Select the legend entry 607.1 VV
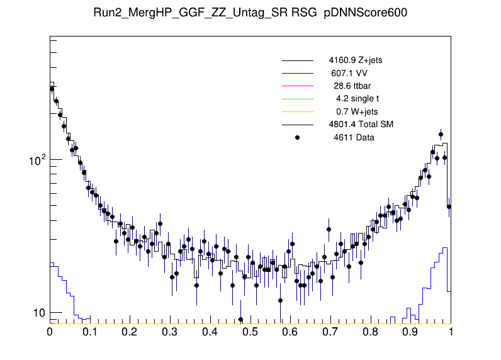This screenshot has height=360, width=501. (349, 74)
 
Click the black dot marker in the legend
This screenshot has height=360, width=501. (298, 137)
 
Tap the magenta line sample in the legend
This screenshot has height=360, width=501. (298, 86)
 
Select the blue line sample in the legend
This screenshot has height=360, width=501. (298, 74)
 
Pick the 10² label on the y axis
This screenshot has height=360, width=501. (38, 160)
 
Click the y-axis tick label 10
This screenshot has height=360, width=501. (39, 313)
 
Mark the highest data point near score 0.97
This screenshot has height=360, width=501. (441, 134)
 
